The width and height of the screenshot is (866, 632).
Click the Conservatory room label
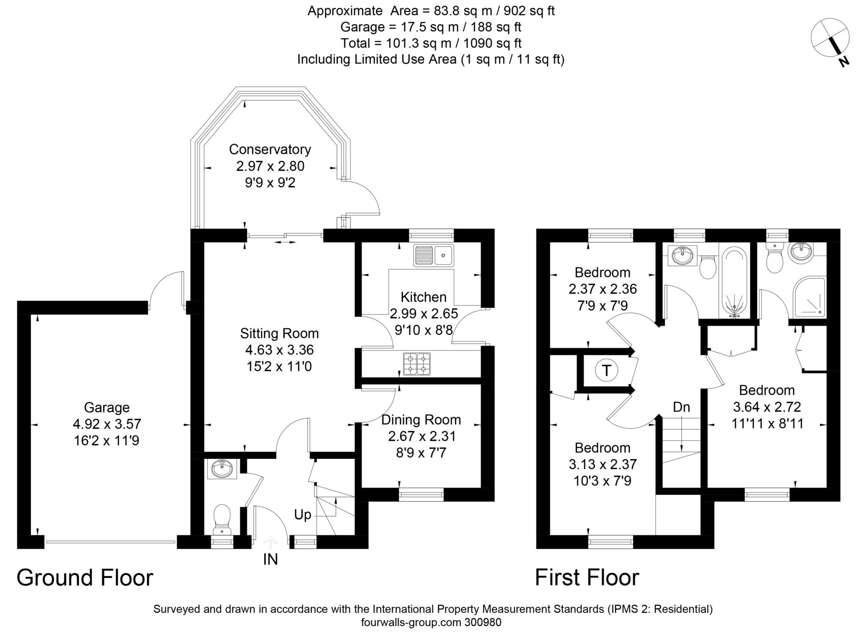coord(270,149)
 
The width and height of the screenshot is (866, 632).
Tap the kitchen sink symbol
coord(434,255)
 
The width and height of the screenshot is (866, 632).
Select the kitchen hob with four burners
coord(417,364)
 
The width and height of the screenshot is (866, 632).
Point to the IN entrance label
coord(270,560)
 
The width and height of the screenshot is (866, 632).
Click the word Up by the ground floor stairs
coord(302,515)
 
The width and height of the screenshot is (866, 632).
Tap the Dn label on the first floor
coord(681,407)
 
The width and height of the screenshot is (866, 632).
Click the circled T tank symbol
coord(606,371)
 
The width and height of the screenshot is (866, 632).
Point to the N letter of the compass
coord(844,62)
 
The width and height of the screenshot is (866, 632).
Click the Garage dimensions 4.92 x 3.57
coord(107,424)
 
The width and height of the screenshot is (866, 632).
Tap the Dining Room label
coord(421,420)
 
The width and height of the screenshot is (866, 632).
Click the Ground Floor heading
coord(85,578)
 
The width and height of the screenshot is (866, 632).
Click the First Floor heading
coord(587,578)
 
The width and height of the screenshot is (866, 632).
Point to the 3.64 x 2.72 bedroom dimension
coord(767,407)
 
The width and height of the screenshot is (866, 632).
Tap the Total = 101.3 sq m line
coord(431,43)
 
